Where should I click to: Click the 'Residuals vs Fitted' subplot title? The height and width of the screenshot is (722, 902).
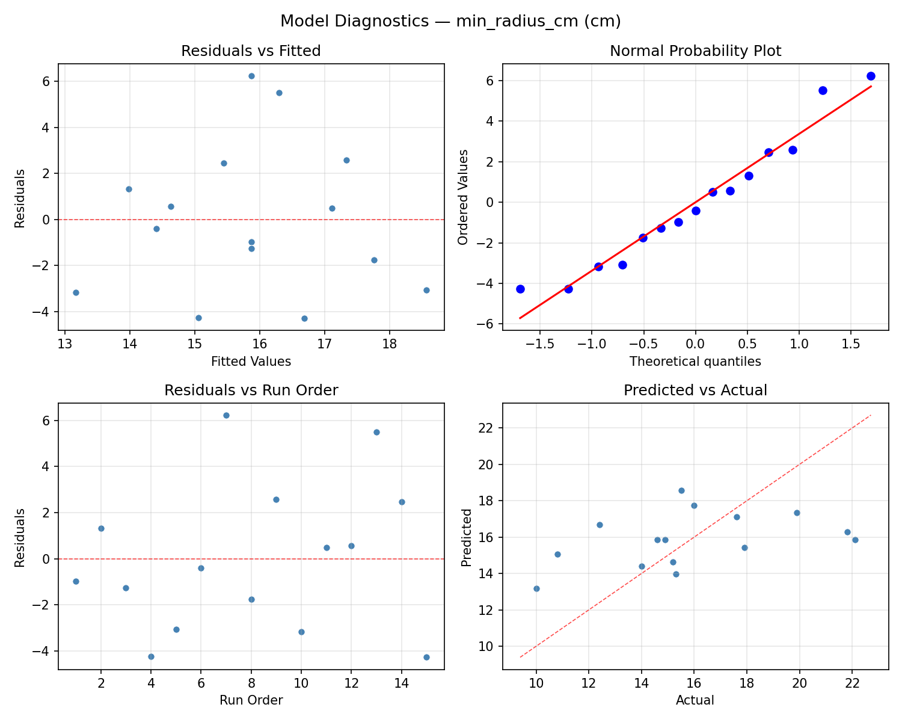[x=251, y=51]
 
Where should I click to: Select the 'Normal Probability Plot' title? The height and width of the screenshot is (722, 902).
[x=695, y=51]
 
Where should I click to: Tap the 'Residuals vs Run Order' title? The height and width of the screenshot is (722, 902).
[x=251, y=390]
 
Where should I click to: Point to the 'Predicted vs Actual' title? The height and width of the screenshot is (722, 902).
[x=695, y=390]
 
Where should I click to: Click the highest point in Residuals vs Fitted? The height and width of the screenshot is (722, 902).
[x=251, y=76]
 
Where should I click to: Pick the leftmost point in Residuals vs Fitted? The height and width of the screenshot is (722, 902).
[x=76, y=292]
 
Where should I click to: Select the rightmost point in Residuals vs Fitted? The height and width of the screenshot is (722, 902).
[x=426, y=290]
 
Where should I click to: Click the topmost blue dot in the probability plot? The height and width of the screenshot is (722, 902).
[x=871, y=76]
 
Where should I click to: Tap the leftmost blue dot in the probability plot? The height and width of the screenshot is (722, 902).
[x=520, y=289]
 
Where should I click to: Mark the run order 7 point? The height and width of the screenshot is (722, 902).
[x=226, y=415]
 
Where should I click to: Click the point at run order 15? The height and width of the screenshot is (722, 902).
[x=426, y=657]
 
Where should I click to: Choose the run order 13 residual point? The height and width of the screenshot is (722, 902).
[x=376, y=432]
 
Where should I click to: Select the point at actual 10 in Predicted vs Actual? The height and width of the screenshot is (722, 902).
[x=536, y=588]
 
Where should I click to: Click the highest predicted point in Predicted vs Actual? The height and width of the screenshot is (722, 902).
[x=681, y=490]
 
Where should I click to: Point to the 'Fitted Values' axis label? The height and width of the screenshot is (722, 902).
[x=251, y=362]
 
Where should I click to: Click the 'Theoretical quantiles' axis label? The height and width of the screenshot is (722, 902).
[x=695, y=362]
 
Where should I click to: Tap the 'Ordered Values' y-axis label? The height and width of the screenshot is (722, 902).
[x=462, y=197]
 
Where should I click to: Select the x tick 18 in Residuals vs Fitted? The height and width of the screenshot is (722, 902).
[x=389, y=345]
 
